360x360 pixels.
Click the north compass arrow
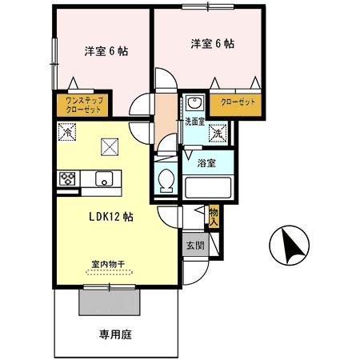[285, 245]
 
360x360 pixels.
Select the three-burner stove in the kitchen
[66, 178]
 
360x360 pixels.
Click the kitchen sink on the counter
[104, 178]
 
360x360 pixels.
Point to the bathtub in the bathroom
[207, 188]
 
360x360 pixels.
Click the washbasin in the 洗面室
[194, 104]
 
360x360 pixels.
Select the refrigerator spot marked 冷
[66, 133]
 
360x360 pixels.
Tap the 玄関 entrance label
[195, 246]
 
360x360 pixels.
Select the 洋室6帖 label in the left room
[106, 50]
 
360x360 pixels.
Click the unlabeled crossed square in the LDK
[108, 146]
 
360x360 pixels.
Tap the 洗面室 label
[194, 122]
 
